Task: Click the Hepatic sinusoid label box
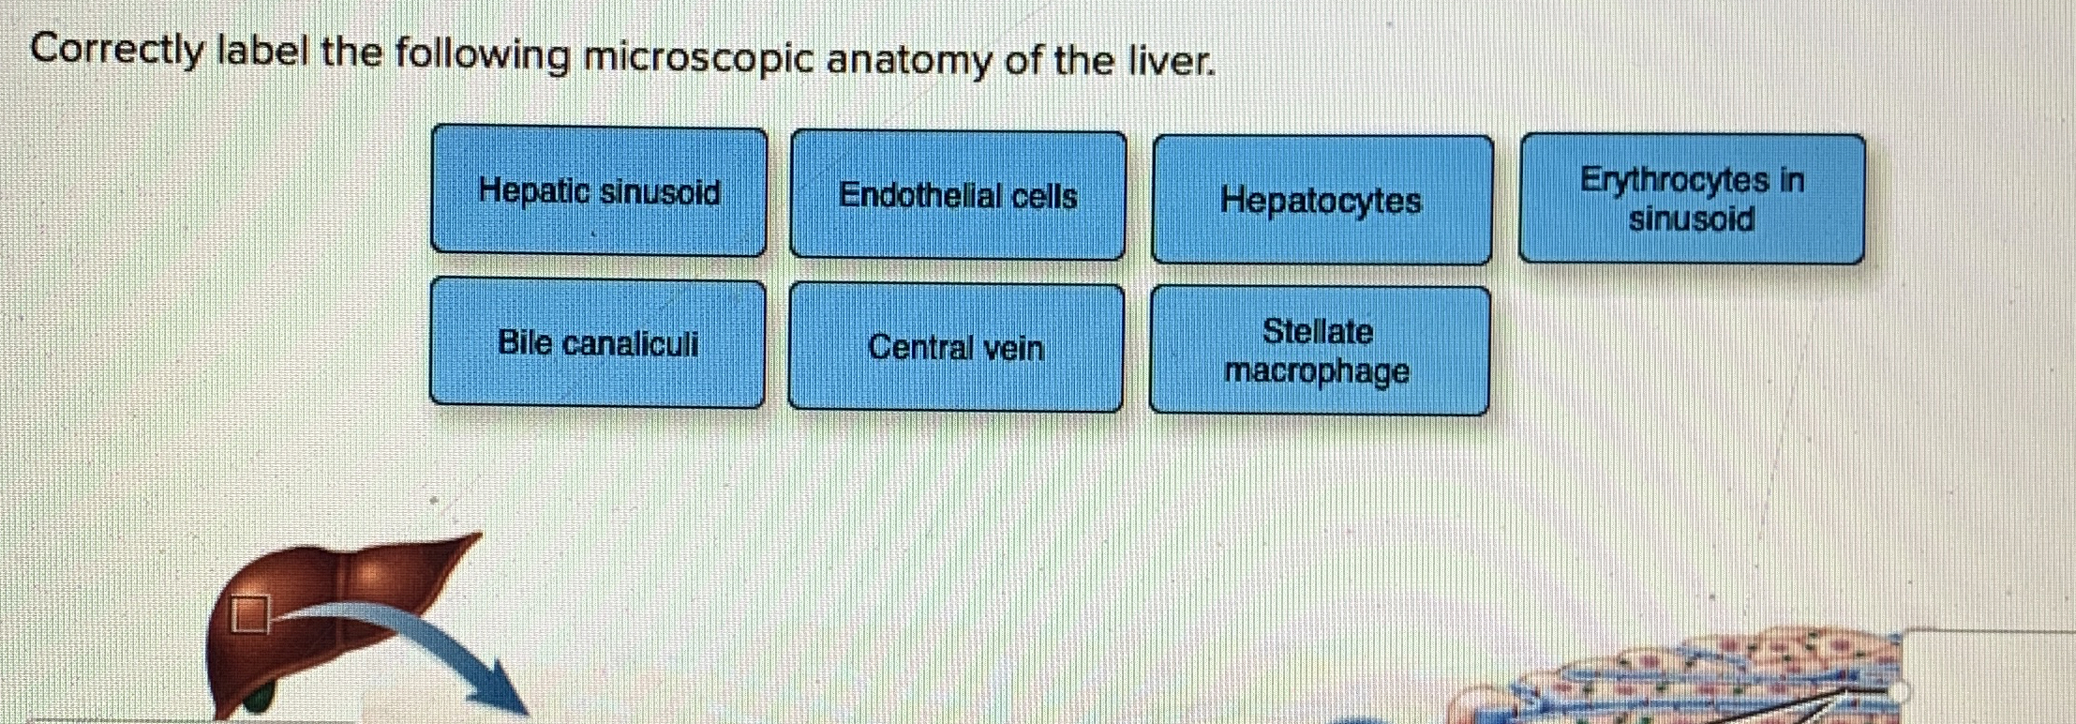click(599, 191)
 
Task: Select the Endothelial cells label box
click(958, 195)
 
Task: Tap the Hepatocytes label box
click(1322, 200)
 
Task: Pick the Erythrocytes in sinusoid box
click(1692, 199)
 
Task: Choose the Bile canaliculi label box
click(598, 343)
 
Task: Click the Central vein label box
click(956, 347)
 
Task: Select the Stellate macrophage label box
click(1319, 351)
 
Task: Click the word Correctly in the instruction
click(117, 51)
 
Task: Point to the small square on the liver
click(250, 614)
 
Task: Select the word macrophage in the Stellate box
click(1317, 371)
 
